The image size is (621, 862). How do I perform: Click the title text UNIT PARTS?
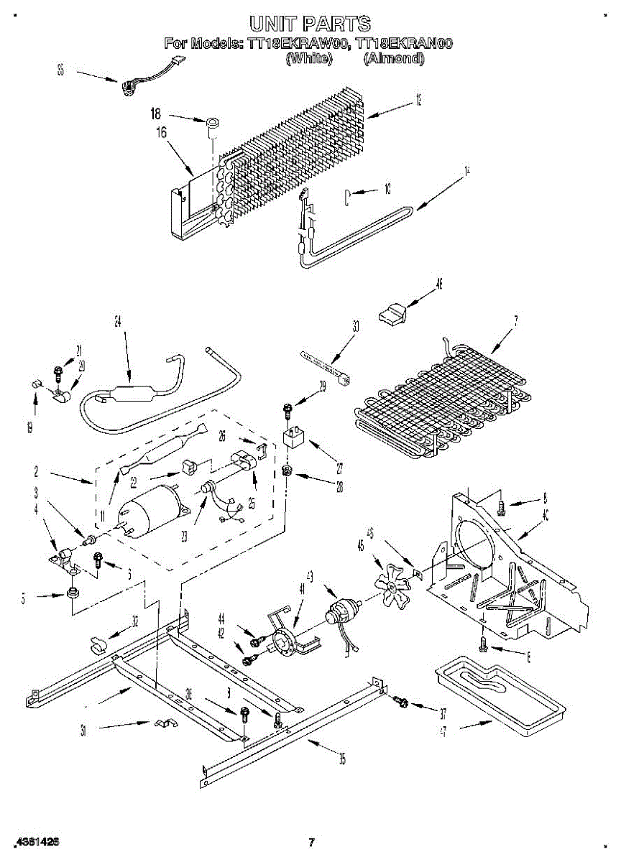[310, 24]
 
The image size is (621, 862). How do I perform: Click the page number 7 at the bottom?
[311, 842]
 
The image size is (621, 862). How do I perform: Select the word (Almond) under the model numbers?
[393, 59]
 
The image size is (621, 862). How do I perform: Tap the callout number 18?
[156, 113]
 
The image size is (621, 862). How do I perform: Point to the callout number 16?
[161, 132]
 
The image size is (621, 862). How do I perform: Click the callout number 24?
[119, 322]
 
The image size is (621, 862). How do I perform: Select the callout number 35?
[342, 758]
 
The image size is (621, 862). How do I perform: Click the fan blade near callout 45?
[391, 585]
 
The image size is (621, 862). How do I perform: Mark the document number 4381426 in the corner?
[36, 841]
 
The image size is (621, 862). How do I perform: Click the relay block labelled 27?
[293, 437]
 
